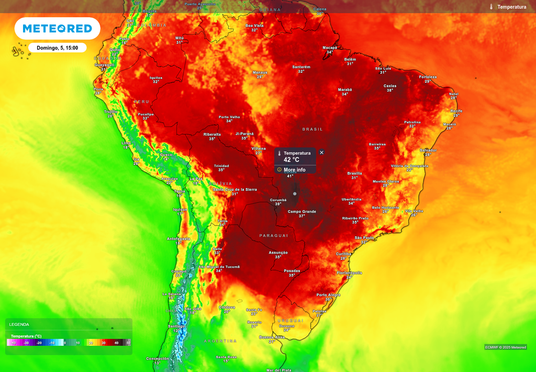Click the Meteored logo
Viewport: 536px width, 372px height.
(57, 28)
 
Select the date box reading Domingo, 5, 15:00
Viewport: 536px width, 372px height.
(57, 48)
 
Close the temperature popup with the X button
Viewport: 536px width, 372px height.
(321, 152)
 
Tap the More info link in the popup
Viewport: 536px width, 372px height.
(294, 170)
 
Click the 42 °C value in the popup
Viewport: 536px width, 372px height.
(292, 160)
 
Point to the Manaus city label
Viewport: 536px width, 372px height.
(260, 72)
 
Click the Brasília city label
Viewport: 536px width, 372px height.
(355, 173)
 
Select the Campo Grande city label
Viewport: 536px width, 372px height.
(302, 211)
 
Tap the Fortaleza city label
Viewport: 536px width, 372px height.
(428, 76)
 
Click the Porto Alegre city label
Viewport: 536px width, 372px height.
(328, 294)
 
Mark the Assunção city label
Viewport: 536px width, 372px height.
(278, 252)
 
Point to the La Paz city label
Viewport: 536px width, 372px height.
(196, 179)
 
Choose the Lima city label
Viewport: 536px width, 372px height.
(126, 143)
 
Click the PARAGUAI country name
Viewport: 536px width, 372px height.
(274, 236)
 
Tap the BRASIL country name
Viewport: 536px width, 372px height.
(312, 129)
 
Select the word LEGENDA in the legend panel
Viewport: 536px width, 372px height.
(19, 324)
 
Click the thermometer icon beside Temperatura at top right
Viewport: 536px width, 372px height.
(492, 7)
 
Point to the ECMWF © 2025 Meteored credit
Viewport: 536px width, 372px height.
(506, 347)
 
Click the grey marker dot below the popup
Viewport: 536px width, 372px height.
(295, 194)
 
